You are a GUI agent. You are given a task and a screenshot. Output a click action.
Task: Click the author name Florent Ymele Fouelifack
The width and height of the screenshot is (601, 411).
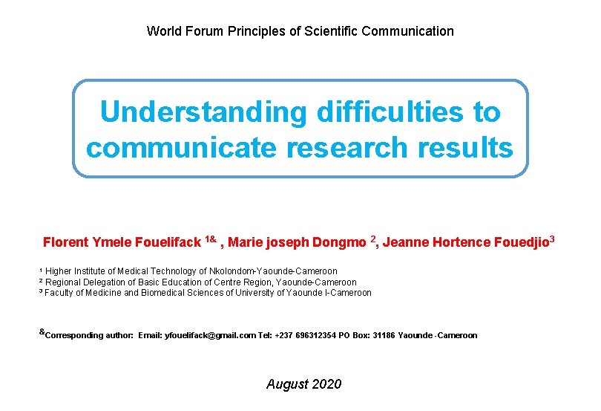click(122, 242)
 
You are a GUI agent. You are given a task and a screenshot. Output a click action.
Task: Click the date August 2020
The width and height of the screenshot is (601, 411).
click(303, 384)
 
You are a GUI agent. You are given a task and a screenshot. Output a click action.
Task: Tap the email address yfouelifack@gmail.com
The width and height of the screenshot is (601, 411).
click(210, 336)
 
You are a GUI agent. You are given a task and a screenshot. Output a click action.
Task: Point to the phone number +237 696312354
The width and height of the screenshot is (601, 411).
click(305, 336)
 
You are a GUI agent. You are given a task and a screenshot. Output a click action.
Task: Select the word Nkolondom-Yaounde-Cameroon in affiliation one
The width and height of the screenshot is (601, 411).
click(274, 271)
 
